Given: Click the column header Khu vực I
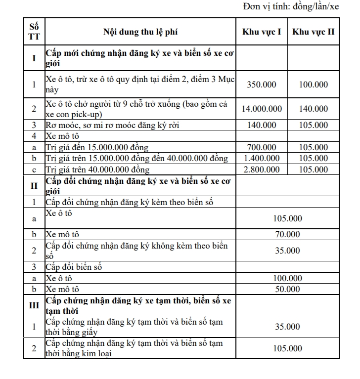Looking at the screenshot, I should [x=262, y=32].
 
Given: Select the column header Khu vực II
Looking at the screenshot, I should [x=313, y=32].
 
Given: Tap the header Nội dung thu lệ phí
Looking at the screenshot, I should [x=140, y=32].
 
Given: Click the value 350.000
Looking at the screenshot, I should [x=262, y=84].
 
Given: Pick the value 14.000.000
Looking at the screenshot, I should [x=262, y=109].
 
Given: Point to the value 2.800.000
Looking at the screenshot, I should [x=262, y=169].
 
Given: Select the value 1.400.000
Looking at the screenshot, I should [x=262, y=158].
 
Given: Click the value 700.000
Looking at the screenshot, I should [x=262, y=147].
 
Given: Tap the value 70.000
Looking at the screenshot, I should [x=287, y=234].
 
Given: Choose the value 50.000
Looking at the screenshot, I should [x=287, y=289].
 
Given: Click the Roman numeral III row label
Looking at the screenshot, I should [x=34, y=305].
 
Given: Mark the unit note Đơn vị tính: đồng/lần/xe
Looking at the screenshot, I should [x=291, y=7].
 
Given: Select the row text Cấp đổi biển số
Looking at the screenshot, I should [x=74, y=267].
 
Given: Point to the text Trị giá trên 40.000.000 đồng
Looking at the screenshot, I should [x=97, y=169].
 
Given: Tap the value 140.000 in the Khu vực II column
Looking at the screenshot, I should [x=313, y=109].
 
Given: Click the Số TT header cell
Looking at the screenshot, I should [x=34, y=32].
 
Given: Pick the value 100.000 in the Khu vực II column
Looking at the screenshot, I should [x=313, y=84].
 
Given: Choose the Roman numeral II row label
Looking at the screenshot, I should [x=34, y=186].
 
